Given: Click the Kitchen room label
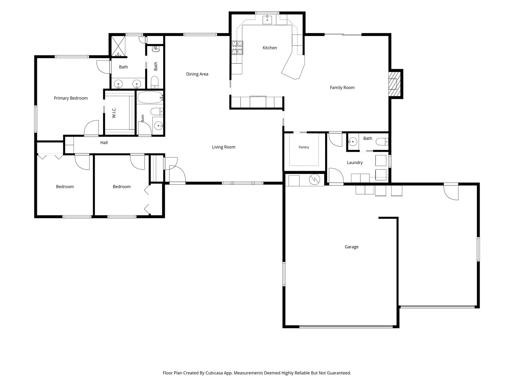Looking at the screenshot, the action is pos(270,48).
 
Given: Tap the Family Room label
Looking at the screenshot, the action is pos(342,87).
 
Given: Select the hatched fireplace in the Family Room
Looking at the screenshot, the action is pos(394,84).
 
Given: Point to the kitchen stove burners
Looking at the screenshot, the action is pos(237,48).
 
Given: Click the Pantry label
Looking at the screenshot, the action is pos(304,147).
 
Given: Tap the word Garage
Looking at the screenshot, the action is pos(351,247).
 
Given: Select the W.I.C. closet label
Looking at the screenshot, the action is pos(114,113).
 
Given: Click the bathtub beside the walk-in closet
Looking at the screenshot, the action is pos(150,97).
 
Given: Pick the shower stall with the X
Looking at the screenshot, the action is pos(118,46).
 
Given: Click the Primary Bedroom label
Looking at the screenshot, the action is pos(71,98).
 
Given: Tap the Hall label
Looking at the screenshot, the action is pos(104,142).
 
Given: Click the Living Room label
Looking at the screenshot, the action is pos(224,147).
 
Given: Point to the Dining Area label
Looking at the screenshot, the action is pos(197,74).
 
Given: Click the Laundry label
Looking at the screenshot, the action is pos(355,163).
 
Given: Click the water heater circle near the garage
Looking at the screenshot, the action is pos(314,179).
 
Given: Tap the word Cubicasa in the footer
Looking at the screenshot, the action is pos(215,373).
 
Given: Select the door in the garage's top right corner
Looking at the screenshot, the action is pos(451,192).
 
